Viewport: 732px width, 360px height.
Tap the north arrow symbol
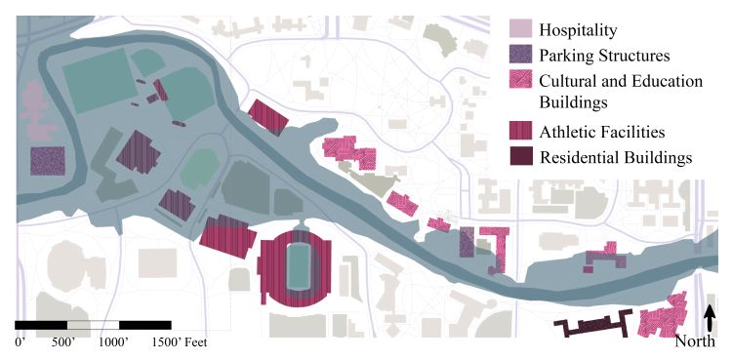[x=710, y=318]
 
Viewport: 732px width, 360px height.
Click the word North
[x=697, y=342]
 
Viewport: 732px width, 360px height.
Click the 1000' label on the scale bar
[x=115, y=342]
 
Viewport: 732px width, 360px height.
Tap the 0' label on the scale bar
[x=19, y=342]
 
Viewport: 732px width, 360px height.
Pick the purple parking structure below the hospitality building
[x=48, y=161]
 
